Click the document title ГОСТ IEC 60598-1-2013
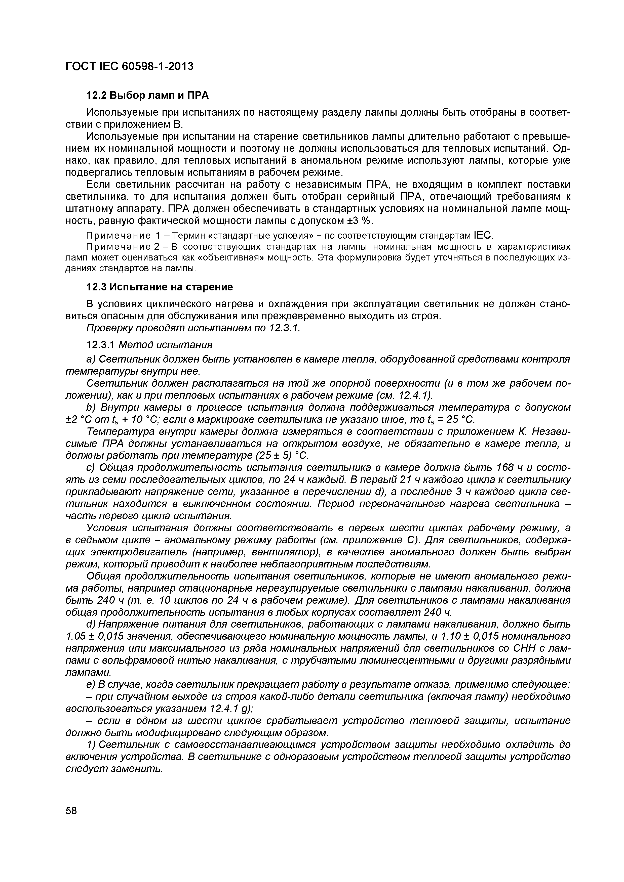(x=129, y=66)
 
